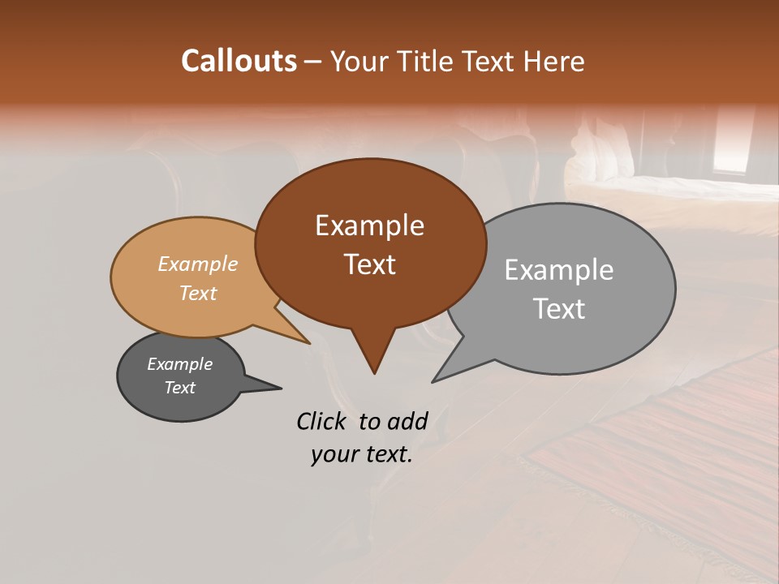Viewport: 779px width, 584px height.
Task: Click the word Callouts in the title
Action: click(x=239, y=61)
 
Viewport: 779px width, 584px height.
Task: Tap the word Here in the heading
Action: click(x=554, y=62)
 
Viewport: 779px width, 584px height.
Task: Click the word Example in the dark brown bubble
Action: click(x=369, y=225)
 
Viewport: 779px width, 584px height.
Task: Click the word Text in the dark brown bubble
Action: click(x=369, y=264)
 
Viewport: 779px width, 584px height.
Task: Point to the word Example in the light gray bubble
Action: click(x=559, y=270)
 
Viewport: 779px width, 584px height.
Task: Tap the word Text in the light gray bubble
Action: click(x=559, y=309)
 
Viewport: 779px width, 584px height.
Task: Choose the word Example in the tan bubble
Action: click(x=198, y=264)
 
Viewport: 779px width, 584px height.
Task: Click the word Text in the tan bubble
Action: click(x=198, y=293)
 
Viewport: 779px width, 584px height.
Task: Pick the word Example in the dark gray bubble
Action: click(x=180, y=364)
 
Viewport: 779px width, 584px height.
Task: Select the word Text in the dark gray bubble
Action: click(x=180, y=388)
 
